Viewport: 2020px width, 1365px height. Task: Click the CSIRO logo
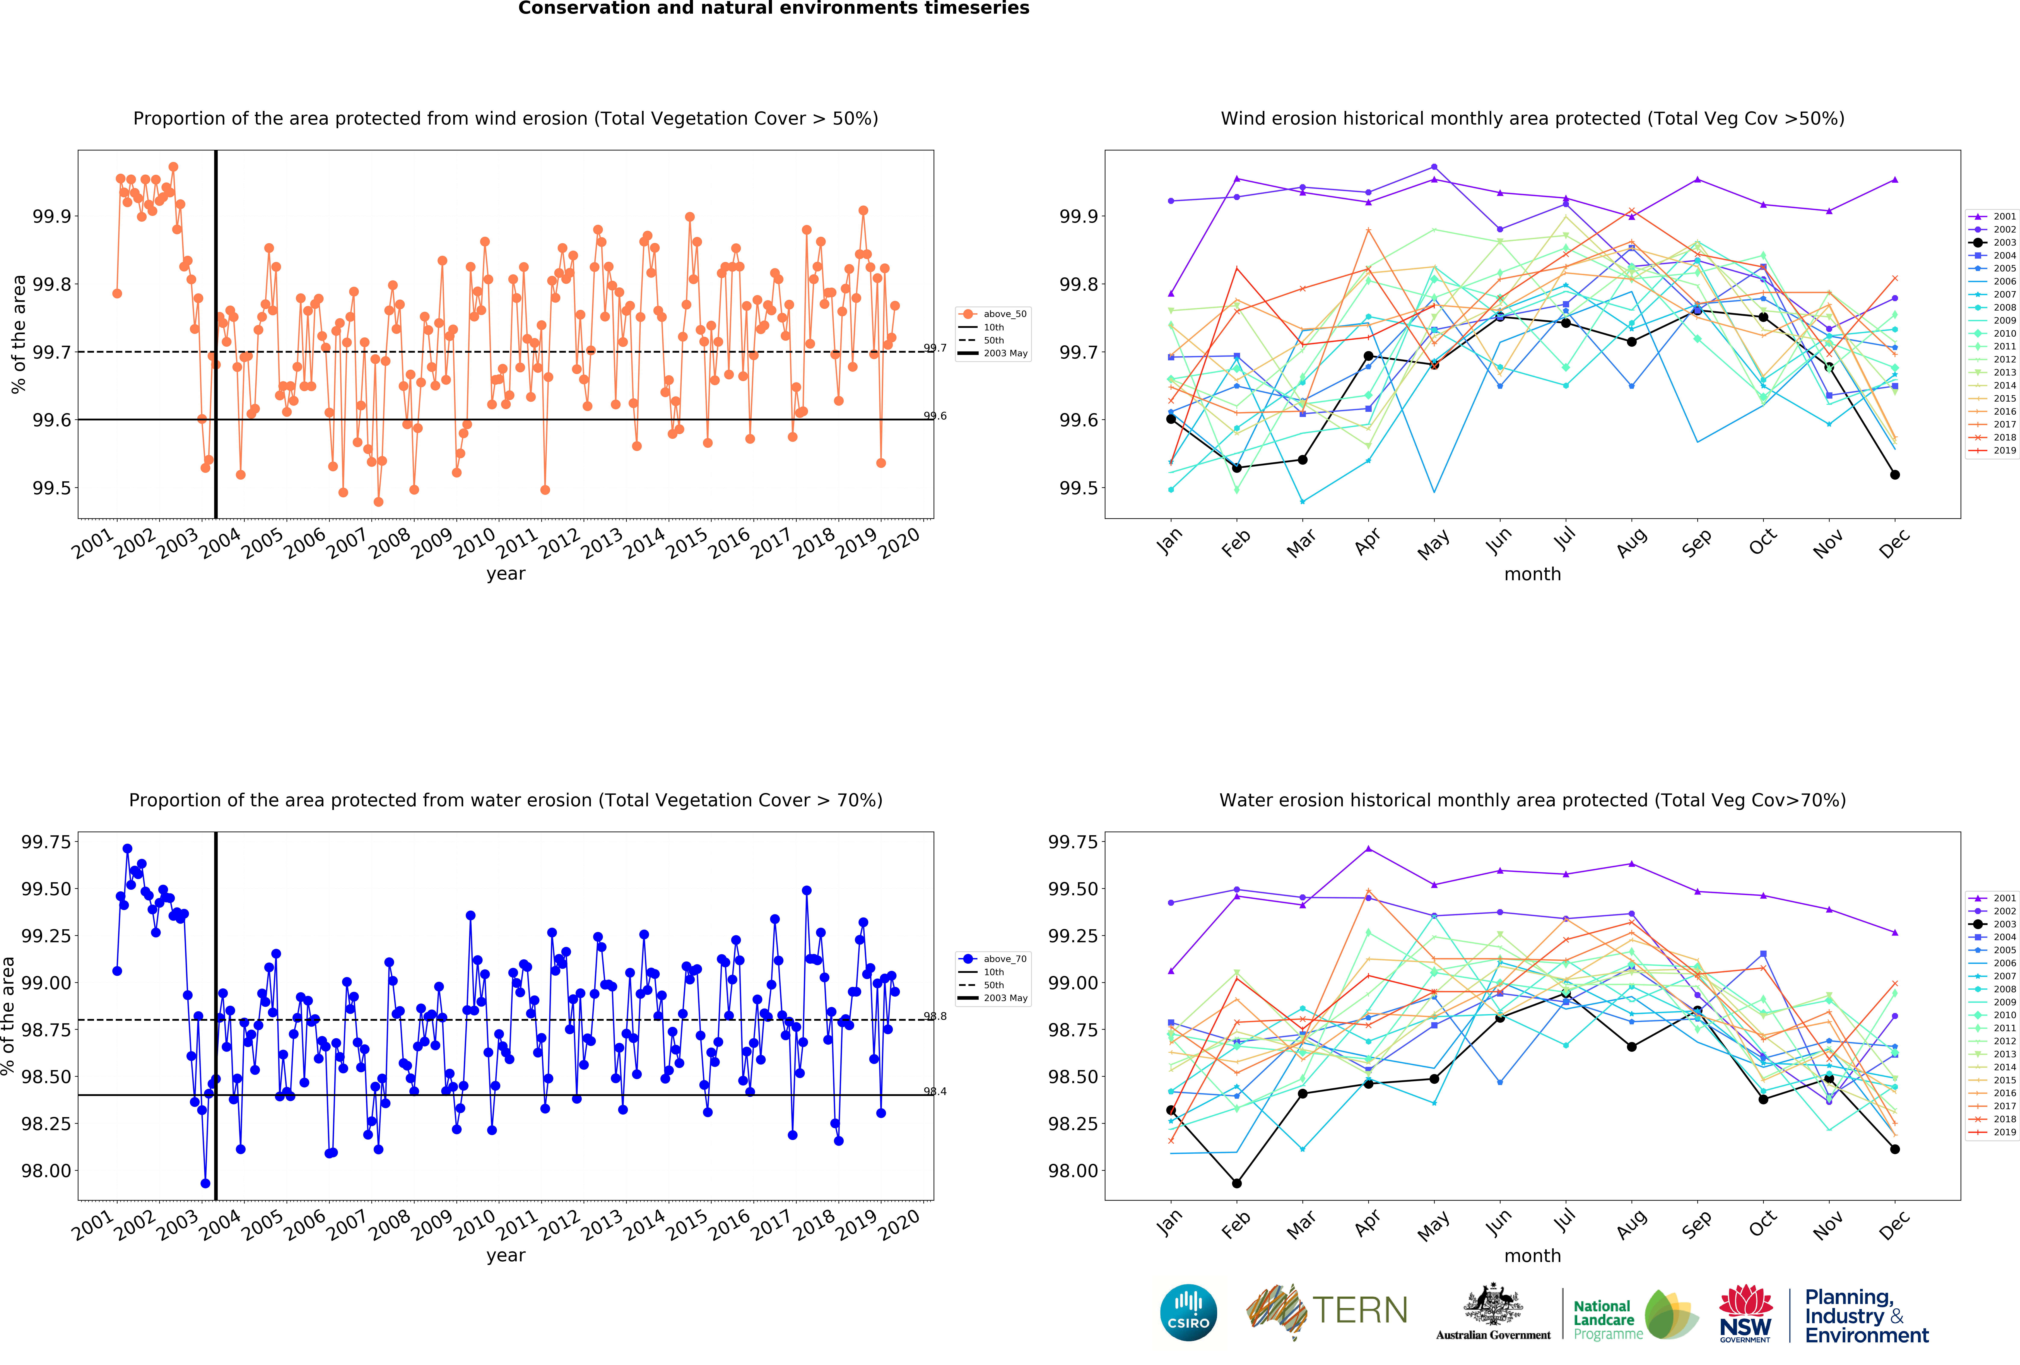1188,1312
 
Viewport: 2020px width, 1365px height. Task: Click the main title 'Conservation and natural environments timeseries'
774,9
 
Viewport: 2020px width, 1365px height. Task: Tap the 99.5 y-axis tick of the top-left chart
52,488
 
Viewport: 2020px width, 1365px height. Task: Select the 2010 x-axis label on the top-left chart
475,543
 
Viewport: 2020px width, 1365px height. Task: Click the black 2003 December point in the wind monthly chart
1895,475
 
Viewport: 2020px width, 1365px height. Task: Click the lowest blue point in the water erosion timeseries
205,1183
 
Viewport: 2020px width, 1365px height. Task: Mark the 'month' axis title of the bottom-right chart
1532,1255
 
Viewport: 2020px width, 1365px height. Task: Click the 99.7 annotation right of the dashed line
935,348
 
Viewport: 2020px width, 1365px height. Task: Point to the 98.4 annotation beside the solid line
935,1091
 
